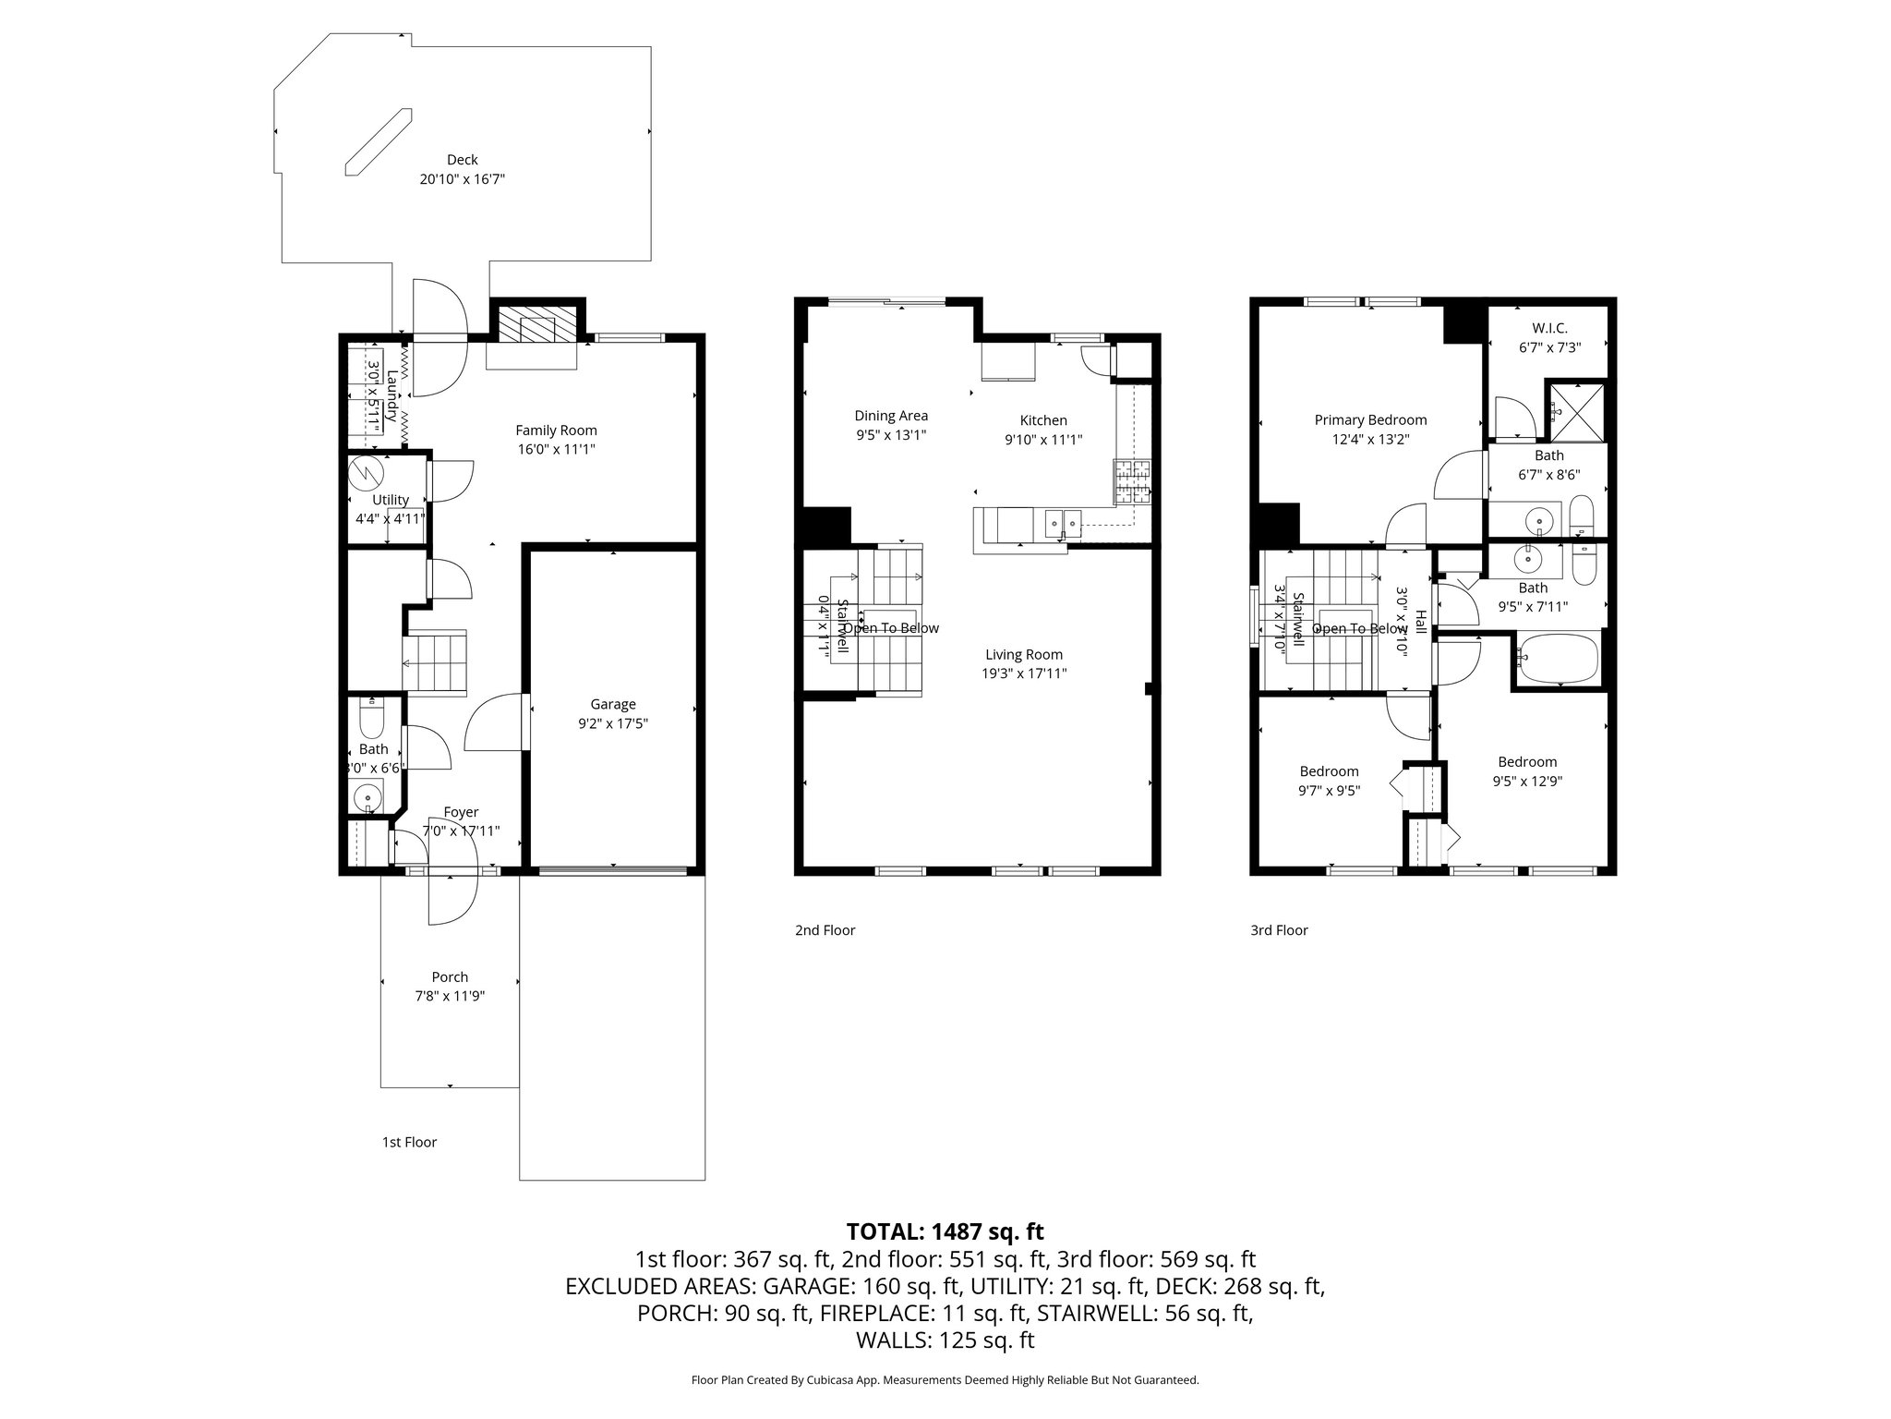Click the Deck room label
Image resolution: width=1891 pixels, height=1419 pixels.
pos(462,160)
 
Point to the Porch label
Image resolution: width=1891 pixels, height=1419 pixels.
pos(450,976)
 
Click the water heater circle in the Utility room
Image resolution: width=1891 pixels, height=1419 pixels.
pos(367,473)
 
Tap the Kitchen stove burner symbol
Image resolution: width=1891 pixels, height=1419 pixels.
pos(1134,481)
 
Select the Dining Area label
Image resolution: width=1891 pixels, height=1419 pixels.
pos(890,416)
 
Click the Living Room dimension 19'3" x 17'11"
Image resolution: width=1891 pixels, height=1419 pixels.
pos(1024,673)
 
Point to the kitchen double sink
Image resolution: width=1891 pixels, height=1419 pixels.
pos(1063,524)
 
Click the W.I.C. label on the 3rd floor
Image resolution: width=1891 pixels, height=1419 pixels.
pos(1549,328)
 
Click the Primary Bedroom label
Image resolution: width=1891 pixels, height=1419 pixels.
pos(1370,420)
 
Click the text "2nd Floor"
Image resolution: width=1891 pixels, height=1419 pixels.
pos(825,930)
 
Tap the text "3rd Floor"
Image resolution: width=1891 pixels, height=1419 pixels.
pos(1279,930)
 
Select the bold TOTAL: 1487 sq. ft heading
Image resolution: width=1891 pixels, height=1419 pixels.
pos(945,1231)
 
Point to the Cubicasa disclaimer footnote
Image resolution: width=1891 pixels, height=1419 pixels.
pos(945,1380)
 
